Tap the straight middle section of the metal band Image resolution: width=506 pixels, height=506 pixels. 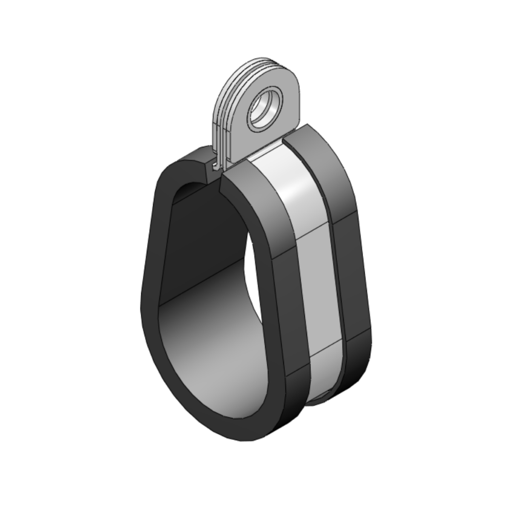point(319,292)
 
